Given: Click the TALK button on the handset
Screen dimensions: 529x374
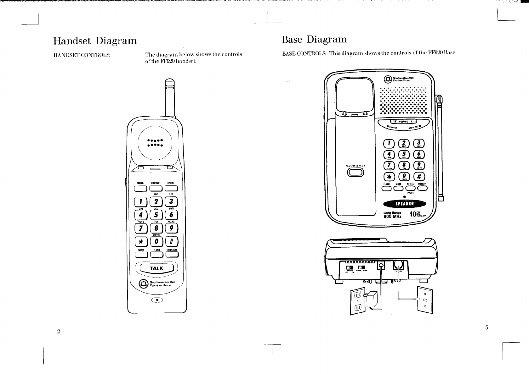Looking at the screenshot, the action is [156, 268].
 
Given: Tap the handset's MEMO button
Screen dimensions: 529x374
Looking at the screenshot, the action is [140, 189].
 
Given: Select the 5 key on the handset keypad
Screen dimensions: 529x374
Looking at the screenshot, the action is [156, 215].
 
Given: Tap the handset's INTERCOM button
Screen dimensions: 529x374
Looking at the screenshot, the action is [172, 255].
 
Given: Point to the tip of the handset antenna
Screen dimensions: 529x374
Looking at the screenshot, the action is [169, 80].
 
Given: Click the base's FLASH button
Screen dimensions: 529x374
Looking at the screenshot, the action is [386, 189].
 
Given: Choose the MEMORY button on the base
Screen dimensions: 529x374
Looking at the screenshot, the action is [422, 189].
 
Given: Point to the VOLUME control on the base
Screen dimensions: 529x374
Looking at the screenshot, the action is [403, 122].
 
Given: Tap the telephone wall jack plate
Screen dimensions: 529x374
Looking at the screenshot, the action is [425, 300].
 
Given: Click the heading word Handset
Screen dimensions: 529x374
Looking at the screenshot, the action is [72, 41].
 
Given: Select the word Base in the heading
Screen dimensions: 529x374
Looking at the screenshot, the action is [292, 40].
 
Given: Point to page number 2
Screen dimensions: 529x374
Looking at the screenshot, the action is [58, 331].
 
